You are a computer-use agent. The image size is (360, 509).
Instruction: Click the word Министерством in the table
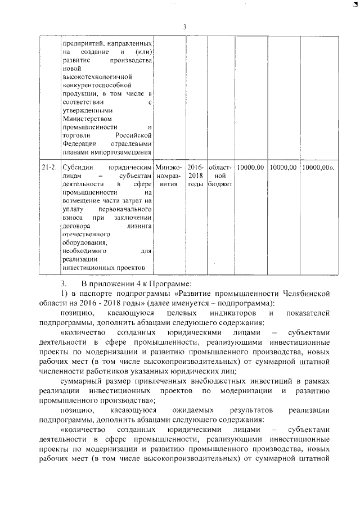[87, 119]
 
